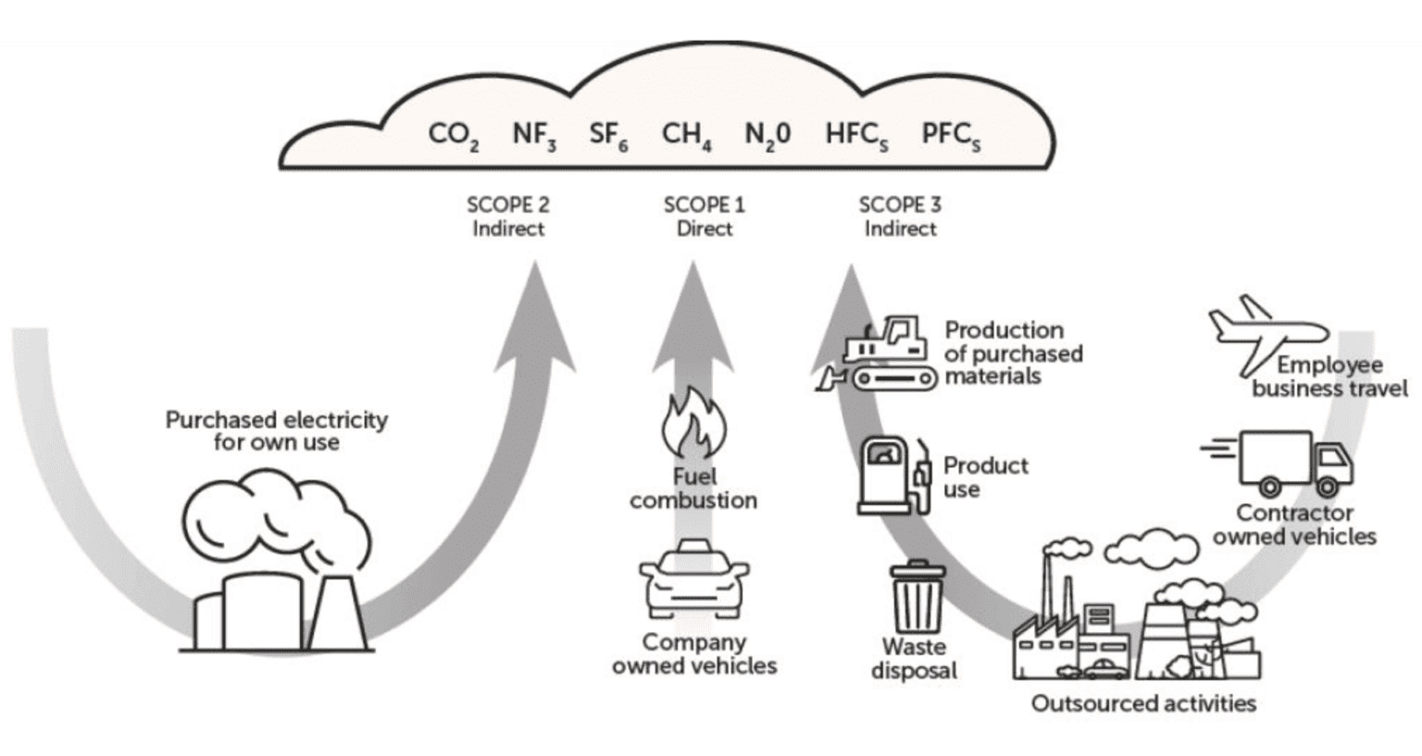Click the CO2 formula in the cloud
[453, 135]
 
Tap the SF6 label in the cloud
[608, 135]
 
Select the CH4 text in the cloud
[686, 135]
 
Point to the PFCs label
[951, 135]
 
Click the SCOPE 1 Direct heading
[704, 217]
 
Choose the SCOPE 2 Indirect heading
[507, 217]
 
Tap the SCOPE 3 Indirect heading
[900, 217]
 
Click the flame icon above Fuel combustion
[693, 426]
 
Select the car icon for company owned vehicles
[693, 580]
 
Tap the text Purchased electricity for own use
[276, 431]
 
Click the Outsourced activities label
[1143, 703]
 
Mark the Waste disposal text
[914, 659]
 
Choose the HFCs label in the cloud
[856, 135]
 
